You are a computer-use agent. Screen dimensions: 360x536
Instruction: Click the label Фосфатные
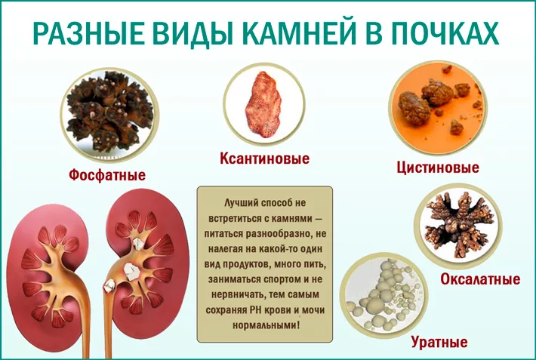tap(106, 174)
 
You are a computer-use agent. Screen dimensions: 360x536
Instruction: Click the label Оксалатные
tap(480, 279)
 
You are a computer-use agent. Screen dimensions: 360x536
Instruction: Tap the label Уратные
tap(439, 342)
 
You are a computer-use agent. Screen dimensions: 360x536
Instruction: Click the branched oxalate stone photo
tap(458, 223)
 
